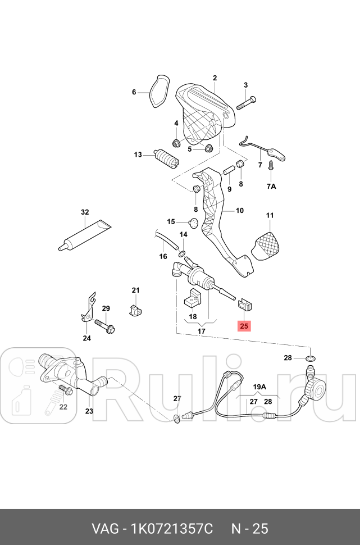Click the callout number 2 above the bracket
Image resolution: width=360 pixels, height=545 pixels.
[x=215, y=78]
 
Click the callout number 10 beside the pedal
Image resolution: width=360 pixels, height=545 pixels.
[x=240, y=211]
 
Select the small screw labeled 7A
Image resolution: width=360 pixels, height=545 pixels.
[x=270, y=166]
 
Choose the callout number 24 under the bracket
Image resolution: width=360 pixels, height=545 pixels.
[x=86, y=338]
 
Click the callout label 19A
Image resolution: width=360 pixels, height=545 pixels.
[x=259, y=387]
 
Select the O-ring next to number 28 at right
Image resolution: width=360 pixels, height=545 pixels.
[x=311, y=358]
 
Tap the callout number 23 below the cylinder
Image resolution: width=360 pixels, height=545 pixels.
[x=89, y=411]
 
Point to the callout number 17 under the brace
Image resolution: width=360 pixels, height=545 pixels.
[x=201, y=331]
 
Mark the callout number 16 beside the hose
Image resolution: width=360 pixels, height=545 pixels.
[x=163, y=257]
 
